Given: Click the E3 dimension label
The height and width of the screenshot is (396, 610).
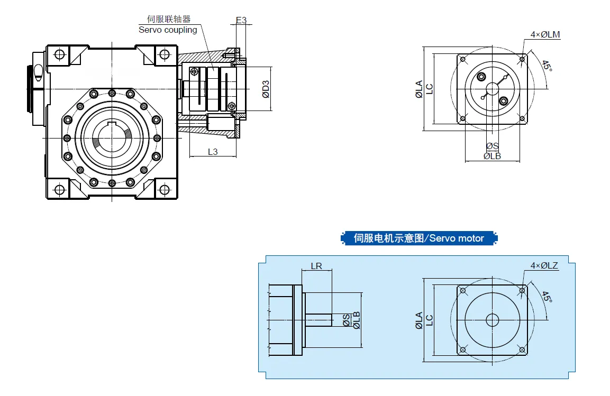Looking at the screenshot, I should coord(241,20).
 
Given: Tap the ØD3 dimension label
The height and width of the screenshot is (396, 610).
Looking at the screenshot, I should coord(266,89).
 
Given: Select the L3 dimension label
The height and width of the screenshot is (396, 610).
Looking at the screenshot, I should coord(213,152).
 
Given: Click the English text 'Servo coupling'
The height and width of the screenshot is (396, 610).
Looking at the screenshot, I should coord(168,30).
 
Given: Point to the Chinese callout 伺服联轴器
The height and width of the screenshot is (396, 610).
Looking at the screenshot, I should coord(165,19).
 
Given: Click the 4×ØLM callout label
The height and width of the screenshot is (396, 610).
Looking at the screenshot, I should coord(545,35).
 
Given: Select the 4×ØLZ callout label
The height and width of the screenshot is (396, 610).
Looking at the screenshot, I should coord(544,265).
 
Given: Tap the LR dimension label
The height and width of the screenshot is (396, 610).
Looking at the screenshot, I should coord(316,266).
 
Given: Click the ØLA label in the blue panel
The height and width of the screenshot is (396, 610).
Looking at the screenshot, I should coord(419,320).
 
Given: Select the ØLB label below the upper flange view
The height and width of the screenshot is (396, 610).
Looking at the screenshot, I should coord(492,156).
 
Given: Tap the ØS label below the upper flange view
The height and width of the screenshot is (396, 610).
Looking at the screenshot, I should coord(492,146).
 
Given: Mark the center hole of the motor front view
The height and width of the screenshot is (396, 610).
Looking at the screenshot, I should coord(492,320).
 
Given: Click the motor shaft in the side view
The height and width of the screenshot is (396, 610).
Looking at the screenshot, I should coord(317,320).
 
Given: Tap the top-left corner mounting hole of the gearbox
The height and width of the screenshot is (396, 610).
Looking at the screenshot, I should coord(59,54).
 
